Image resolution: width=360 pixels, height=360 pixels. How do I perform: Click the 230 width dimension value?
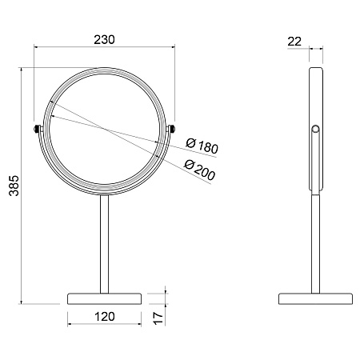click(x=104, y=40)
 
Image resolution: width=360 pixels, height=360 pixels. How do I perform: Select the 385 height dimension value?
click(x=14, y=186)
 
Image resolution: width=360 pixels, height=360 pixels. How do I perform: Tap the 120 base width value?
click(x=105, y=317)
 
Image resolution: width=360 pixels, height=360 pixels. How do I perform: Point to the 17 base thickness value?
click(x=158, y=318)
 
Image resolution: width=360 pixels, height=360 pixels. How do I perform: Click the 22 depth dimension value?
click(x=294, y=42)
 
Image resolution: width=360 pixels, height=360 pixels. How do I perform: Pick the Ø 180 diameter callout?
click(x=202, y=146)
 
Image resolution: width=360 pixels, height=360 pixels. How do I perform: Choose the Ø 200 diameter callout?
click(x=199, y=170)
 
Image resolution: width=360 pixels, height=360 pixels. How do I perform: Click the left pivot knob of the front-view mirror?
click(x=37, y=129)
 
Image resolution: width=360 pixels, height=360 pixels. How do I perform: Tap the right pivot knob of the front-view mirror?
click(x=171, y=129)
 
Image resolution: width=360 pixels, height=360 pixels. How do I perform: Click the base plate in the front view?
click(x=104, y=298)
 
